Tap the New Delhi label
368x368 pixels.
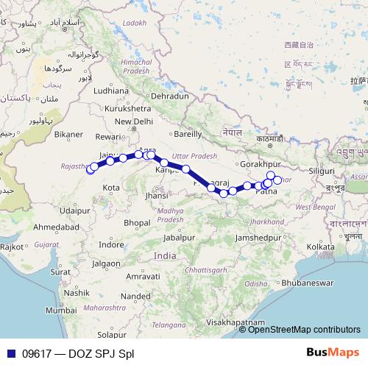(x=133, y=121)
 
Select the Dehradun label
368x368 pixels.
(x=169, y=96)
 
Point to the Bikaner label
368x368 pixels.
(x=69, y=135)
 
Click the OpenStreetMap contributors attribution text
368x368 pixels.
(x=303, y=330)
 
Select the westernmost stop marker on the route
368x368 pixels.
(x=91, y=169)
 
